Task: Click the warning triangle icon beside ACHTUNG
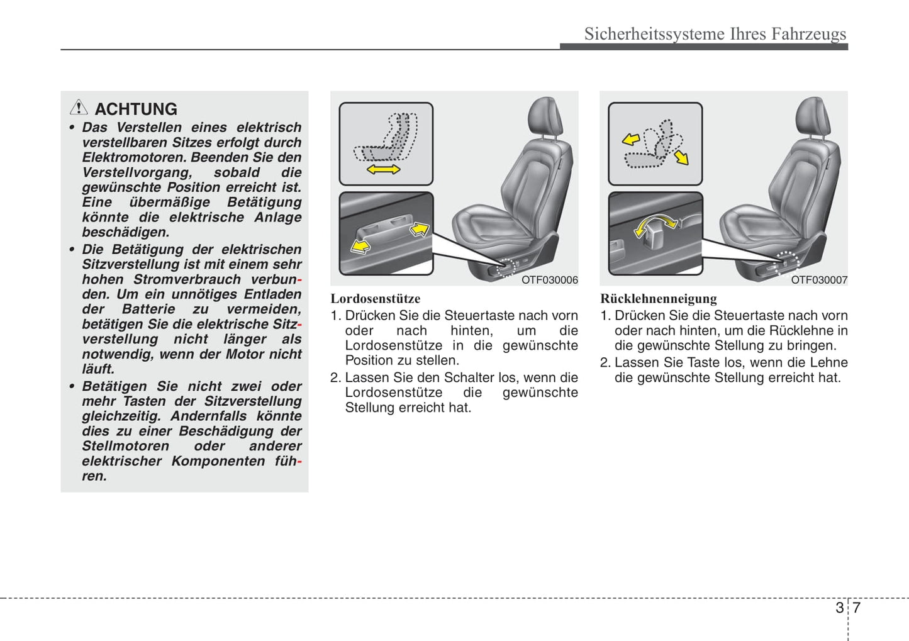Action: (x=79, y=108)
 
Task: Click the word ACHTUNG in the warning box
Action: (x=136, y=109)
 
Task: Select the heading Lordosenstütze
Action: (x=376, y=299)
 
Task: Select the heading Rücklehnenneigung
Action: (x=658, y=299)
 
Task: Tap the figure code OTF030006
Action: (x=549, y=280)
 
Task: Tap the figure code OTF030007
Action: (x=818, y=280)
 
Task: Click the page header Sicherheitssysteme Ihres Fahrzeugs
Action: (x=715, y=33)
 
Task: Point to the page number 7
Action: (x=856, y=608)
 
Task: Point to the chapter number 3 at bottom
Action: (x=839, y=608)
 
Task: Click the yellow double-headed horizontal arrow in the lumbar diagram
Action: (x=383, y=169)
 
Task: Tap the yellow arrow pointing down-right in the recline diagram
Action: (x=681, y=157)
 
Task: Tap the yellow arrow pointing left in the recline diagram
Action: (x=631, y=139)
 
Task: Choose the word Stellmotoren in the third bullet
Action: (x=125, y=446)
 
